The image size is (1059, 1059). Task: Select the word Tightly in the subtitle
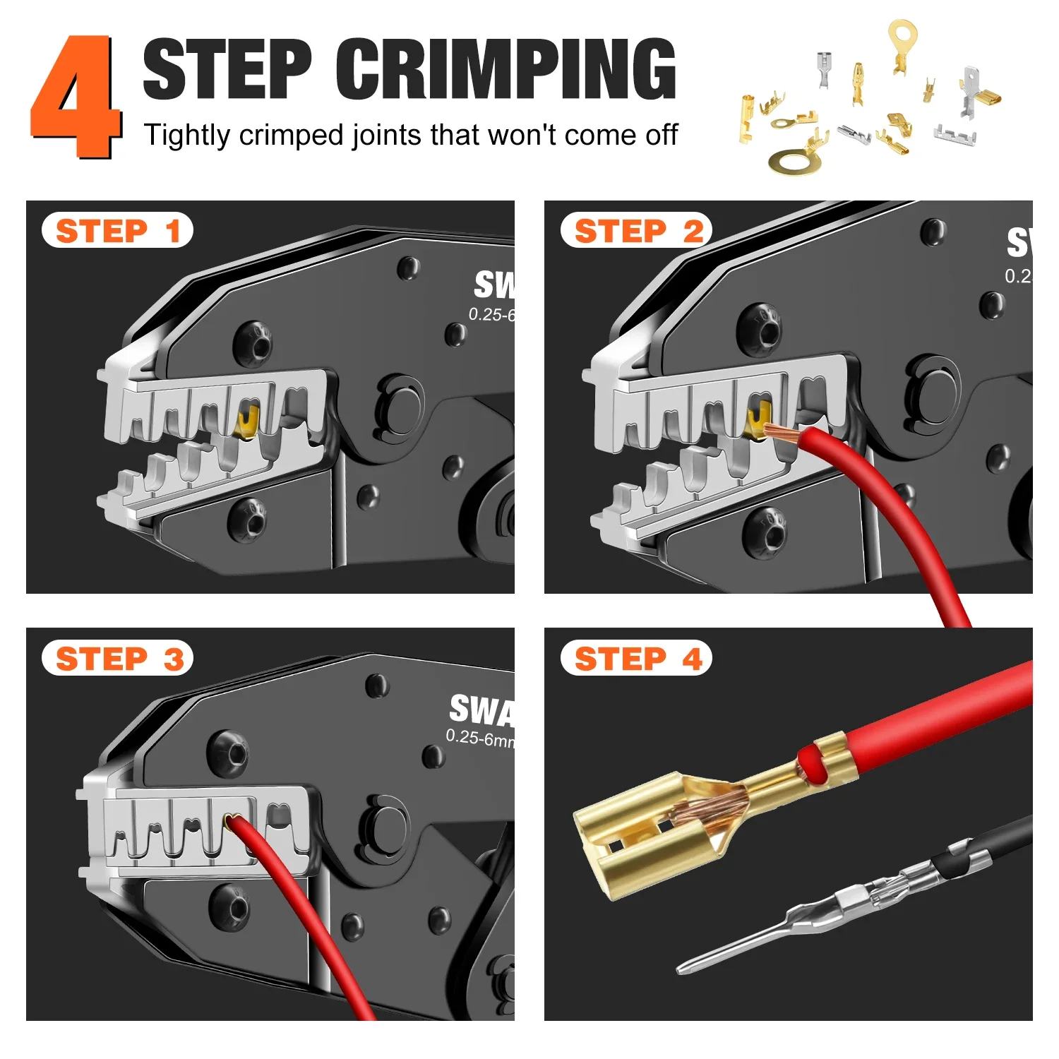point(186,135)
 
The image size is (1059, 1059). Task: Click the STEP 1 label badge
point(117,230)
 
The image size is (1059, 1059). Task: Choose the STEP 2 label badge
point(636,230)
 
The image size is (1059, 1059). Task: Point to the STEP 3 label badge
point(117,659)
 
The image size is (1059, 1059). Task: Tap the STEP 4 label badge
point(636,659)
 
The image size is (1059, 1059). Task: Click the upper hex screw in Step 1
point(253,344)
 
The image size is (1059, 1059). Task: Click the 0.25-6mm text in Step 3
point(479,738)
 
